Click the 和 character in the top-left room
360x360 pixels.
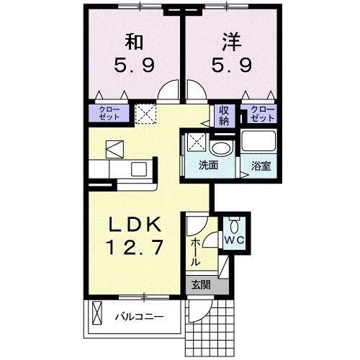point(132,41)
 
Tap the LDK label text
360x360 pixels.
point(131,224)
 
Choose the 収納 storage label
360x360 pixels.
point(224,115)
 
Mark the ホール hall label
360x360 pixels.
point(194,253)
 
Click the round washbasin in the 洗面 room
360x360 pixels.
point(222,148)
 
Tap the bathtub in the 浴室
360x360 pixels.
point(260,142)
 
